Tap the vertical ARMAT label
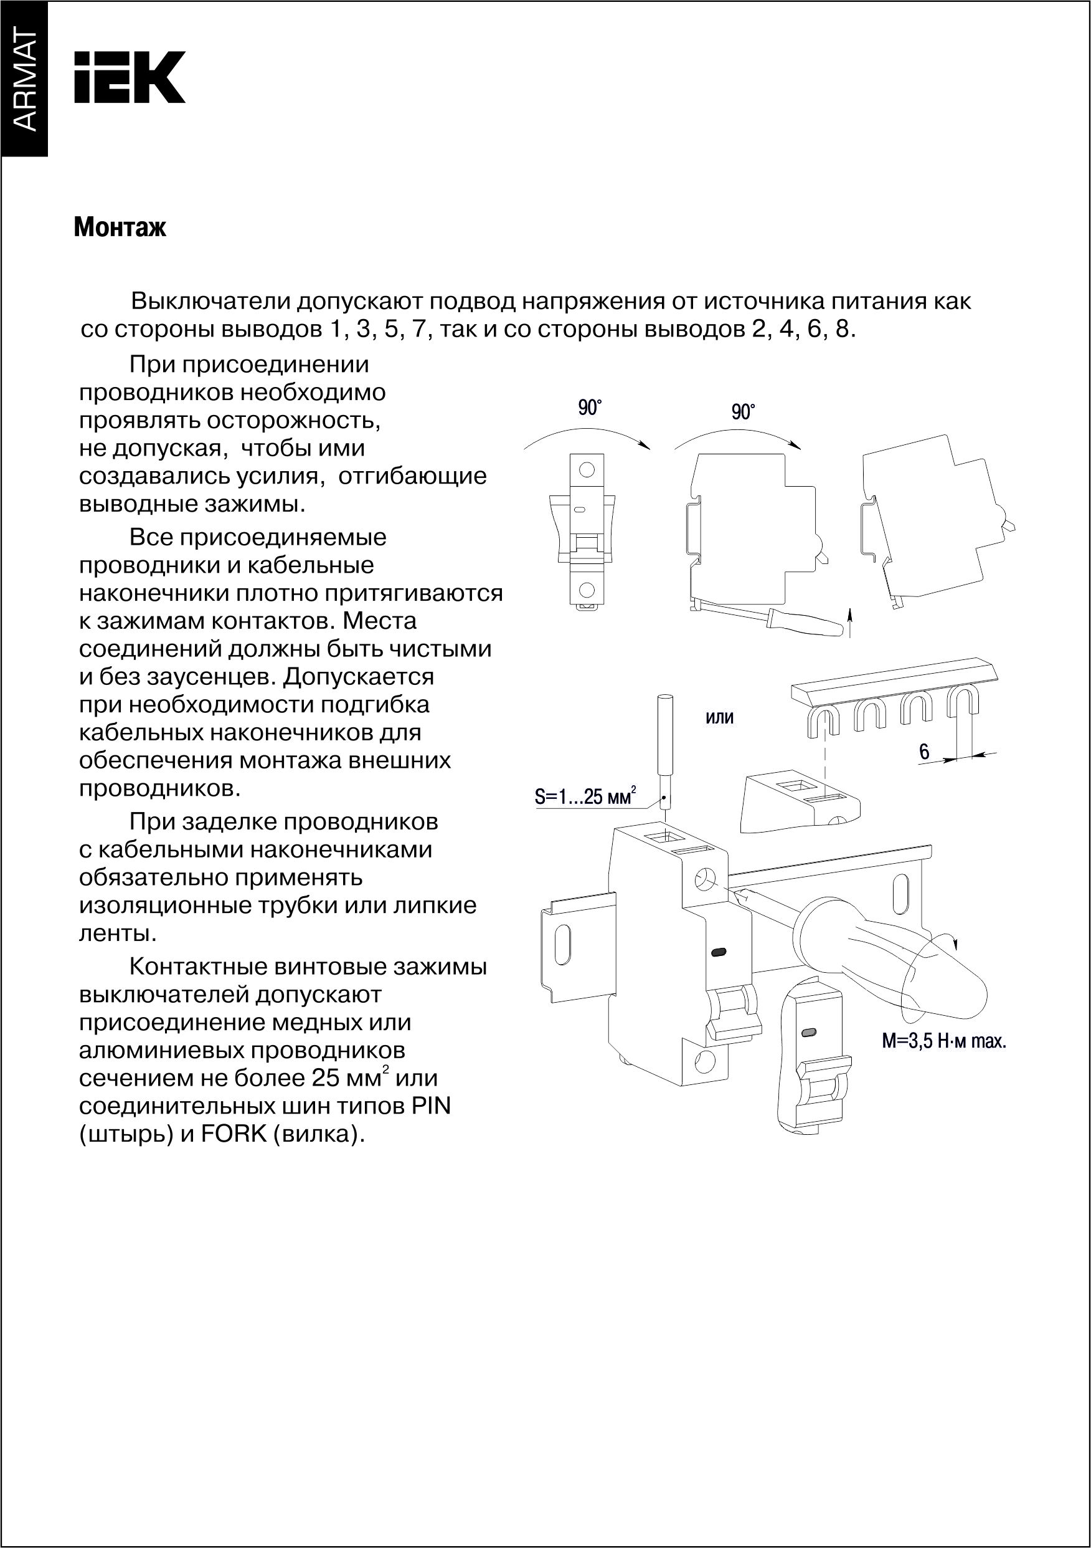[x=24, y=80]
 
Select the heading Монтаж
[x=120, y=228]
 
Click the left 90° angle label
[x=589, y=408]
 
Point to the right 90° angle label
[x=743, y=412]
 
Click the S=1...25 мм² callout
[x=585, y=796]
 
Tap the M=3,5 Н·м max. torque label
[x=943, y=1041]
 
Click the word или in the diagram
[x=719, y=717]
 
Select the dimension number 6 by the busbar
[x=924, y=751]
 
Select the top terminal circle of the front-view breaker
[x=587, y=469]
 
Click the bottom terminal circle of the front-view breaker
[x=587, y=590]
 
